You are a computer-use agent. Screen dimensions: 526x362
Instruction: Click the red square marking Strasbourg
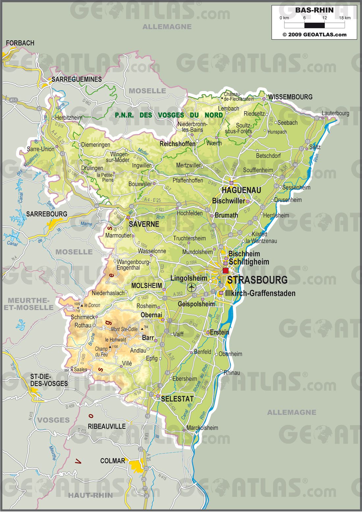225,271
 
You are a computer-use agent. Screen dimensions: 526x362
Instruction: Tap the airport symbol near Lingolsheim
191,287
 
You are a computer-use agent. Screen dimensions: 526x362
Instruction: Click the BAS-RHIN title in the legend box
314,10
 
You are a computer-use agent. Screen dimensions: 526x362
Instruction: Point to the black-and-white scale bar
314,25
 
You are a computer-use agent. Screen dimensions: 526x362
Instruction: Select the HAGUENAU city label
241,190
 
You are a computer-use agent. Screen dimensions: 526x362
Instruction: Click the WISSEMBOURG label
290,97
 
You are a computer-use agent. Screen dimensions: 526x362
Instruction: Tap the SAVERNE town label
144,224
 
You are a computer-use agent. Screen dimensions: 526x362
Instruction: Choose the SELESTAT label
177,399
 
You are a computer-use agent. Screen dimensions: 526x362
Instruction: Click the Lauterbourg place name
335,113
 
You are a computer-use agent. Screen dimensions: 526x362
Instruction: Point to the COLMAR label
113,461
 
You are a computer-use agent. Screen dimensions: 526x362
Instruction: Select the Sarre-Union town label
40,149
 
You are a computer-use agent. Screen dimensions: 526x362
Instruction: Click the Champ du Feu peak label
101,352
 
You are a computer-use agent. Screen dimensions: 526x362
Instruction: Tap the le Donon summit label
92,305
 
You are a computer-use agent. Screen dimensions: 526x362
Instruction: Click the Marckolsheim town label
202,428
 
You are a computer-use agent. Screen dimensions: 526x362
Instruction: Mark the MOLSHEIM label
146,286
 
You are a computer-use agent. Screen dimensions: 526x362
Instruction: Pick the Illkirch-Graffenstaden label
260,293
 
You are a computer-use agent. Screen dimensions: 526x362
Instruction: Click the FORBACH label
20,43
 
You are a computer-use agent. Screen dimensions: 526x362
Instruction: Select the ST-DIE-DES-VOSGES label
49,380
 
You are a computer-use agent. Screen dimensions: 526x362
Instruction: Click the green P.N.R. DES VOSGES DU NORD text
169,115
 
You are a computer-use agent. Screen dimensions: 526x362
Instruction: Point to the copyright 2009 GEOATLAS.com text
314,35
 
